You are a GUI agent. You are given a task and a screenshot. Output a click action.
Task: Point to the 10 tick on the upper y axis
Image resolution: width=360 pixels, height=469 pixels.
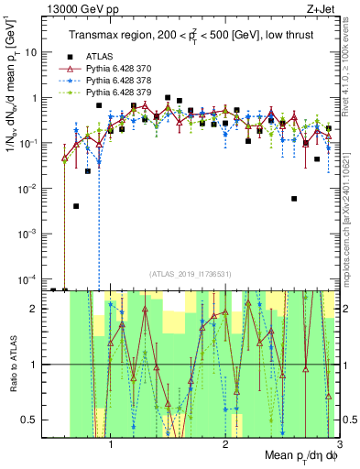point(37,52)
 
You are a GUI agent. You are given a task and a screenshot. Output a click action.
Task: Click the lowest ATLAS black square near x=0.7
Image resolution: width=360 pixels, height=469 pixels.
point(76,206)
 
